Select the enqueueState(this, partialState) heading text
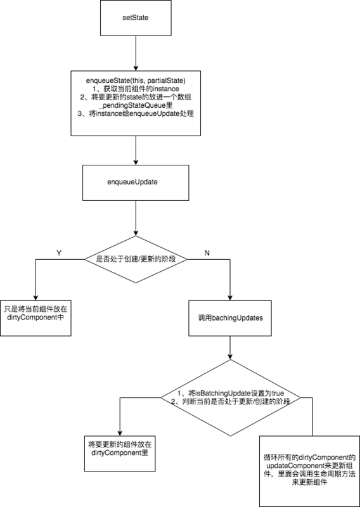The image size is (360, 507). pyautogui.click(x=136, y=80)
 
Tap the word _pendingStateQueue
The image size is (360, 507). pyautogui.click(x=137, y=105)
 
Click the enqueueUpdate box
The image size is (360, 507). pyautogui.click(x=136, y=181)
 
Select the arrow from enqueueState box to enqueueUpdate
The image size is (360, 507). pyautogui.click(x=136, y=150)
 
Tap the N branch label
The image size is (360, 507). pyautogui.click(x=207, y=252)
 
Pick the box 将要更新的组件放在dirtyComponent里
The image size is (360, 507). pyautogui.click(x=119, y=449)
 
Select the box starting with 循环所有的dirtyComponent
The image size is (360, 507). pyautogui.click(x=309, y=470)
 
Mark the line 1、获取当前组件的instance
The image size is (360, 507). pyautogui.click(x=136, y=89)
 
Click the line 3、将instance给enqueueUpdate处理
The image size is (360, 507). pyautogui.click(x=136, y=114)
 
